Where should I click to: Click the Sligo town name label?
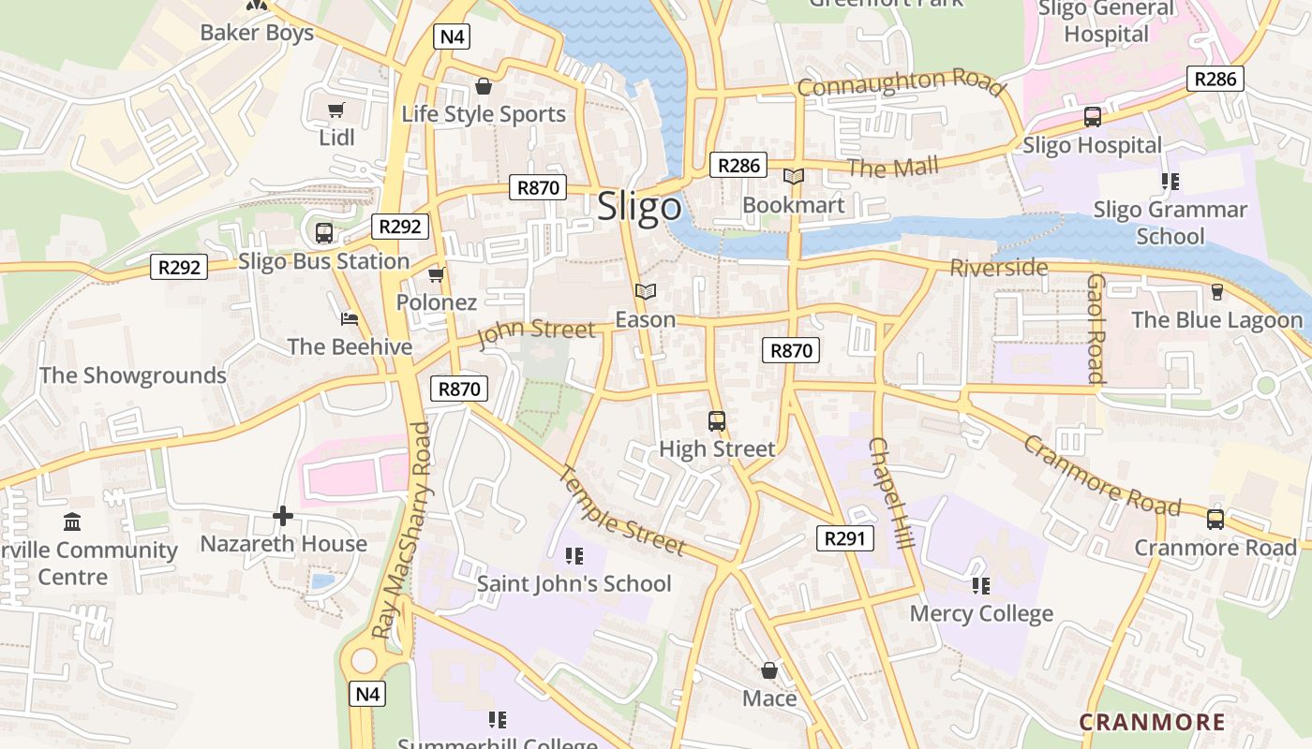tap(640, 206)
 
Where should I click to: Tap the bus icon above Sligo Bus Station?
tap(324, 232)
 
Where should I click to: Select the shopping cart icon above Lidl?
tap(335, 110)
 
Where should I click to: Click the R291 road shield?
tap(845, 538)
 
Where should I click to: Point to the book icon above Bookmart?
tap(794, 176)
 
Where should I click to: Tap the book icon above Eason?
tap(645, 291)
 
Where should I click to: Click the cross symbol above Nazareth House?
tap(283, 515)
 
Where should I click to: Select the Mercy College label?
tap(981, 614)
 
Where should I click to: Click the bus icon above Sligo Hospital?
tap(1093, 117)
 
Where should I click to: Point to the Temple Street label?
tap(623, 510)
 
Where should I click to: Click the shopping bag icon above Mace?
tap(769, 670)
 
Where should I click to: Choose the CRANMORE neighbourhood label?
tap(1152, 722)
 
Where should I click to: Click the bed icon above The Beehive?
tap(350, 318)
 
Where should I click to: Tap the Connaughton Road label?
tap(902, 82)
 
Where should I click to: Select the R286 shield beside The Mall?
tap(738, 166)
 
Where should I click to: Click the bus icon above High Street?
tap(717, 420)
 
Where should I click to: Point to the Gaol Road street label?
tap(1096, 330)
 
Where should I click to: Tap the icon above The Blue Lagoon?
tap(1216, 291)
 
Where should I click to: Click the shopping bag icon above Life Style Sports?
tap(484, 87)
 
